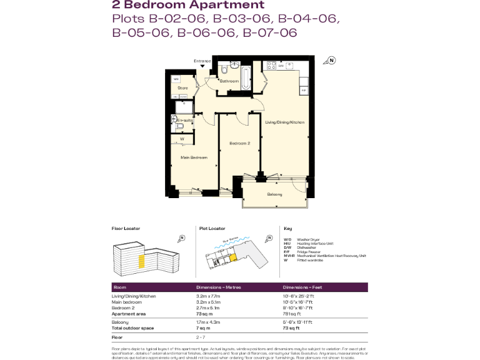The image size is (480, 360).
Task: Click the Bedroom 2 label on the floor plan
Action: pos(239,144)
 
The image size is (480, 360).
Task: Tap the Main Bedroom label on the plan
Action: pos(194,157)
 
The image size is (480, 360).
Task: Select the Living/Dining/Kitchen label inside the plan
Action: pos(284,122)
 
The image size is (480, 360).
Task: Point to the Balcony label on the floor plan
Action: pos(274,194)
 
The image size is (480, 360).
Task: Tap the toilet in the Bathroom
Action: pos(223,71)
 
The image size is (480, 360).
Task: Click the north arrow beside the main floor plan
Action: pos(331,61)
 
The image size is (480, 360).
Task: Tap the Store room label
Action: pos(182,88)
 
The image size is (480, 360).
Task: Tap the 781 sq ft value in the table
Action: pos(291,314)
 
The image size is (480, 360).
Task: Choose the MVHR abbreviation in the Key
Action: pos(289,256)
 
